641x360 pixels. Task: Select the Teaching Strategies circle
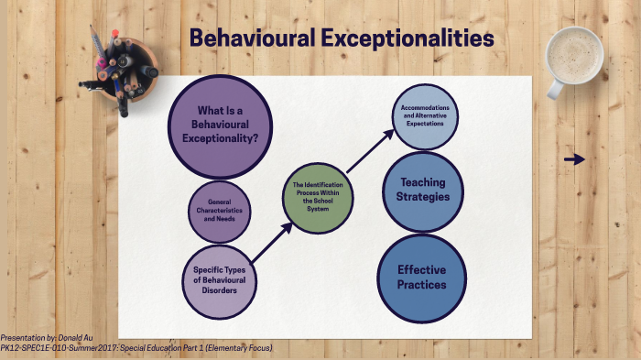422,190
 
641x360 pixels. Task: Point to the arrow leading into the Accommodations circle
371,150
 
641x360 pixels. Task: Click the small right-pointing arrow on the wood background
574,159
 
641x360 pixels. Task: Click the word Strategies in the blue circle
422,197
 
